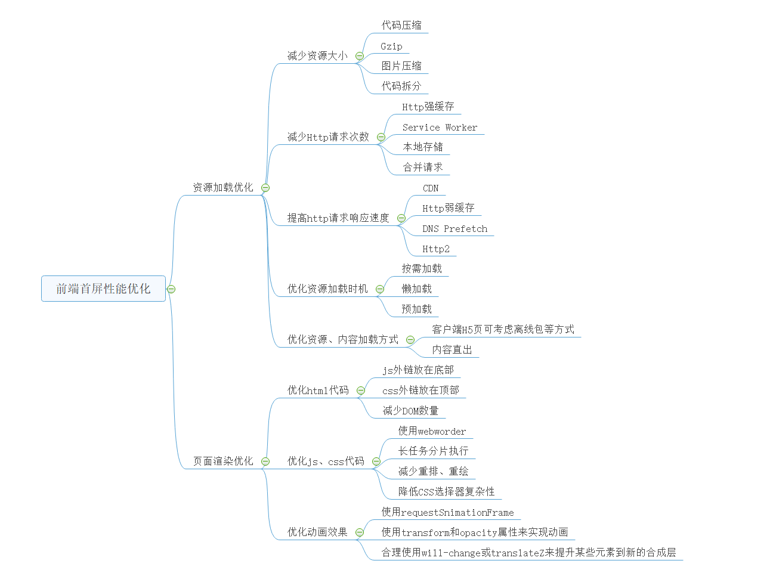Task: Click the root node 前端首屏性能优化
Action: click(x=103, y=289)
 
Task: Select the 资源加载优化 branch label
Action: click(x=223, y=187)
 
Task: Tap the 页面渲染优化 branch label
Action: click(x=223, y=461)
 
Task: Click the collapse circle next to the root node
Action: click(x=171, y=289)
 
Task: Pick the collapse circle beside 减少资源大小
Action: click(x=360, y=56)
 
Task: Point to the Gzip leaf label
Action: click(x=391, y=46)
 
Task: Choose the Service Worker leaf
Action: click(x=440, y=127)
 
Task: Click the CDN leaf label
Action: click(x=431, y=188)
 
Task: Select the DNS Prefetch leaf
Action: click(x=454, y=228)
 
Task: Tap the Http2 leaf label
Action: click(x=436, y=249)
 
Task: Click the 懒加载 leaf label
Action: click(x=416, y=289)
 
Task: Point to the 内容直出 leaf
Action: click(x=452, y=349)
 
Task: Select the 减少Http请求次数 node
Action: click(x=328, y=137)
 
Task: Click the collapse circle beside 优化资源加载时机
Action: click(x=380, y=289)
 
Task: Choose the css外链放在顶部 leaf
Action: click(x=420, y=390)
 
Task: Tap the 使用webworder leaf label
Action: click(x=432, y=430)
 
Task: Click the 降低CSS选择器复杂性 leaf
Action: click(x=446, y=491)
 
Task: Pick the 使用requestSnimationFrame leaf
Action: click(x=447, y=512)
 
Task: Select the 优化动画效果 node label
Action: click(x=317, y=532)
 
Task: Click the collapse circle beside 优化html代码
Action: click(x=361, y=391)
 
